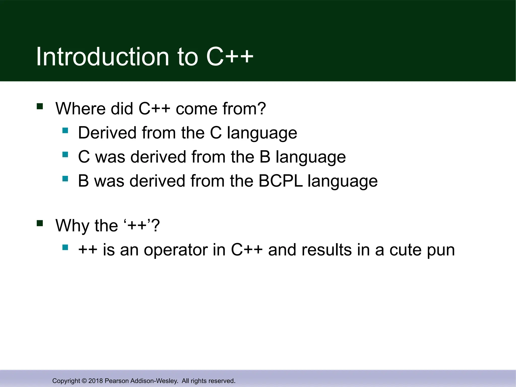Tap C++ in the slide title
(x=230, y=57)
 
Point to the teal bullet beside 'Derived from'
(x=65, y=130)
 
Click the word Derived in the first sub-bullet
(x=107, y=133)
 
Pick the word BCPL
(x=280, y=181)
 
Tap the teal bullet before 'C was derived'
(x=65, y=154)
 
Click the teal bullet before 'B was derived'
(x=65, y=179)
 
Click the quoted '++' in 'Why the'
(x=137, y=225)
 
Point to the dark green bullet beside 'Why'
(x=40, y=223)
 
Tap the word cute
(x=406, y=250)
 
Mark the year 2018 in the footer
(x=96, y=381)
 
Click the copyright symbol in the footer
(x=84, y=381)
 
